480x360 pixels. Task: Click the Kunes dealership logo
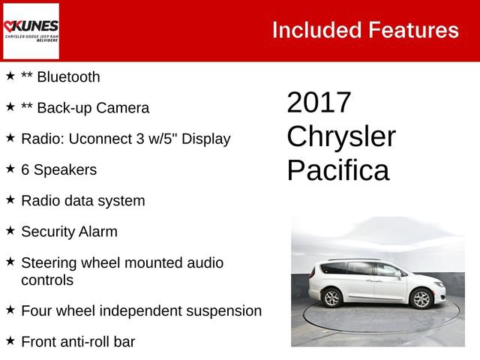(x=31, y=31)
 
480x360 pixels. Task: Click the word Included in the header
(x=316, y=30)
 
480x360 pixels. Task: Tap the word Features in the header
(x=413, y=30)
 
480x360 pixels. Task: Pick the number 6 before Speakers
(x=25, y=169)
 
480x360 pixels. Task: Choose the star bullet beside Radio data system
(x=10, y=199)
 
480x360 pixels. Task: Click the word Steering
(x=50, y=262)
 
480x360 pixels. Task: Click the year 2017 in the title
(x=319, y=103)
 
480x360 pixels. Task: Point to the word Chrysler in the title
(x=341, y=136)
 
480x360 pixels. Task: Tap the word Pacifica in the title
(x=338, y=170)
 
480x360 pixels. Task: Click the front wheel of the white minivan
(x=421, y=300)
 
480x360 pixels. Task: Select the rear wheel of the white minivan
(x=331, y=298)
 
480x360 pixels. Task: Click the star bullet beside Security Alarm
(x=10, y=230)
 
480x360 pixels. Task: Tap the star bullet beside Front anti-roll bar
(x=10, y=340)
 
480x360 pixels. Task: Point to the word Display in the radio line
(x=203, y=139)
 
